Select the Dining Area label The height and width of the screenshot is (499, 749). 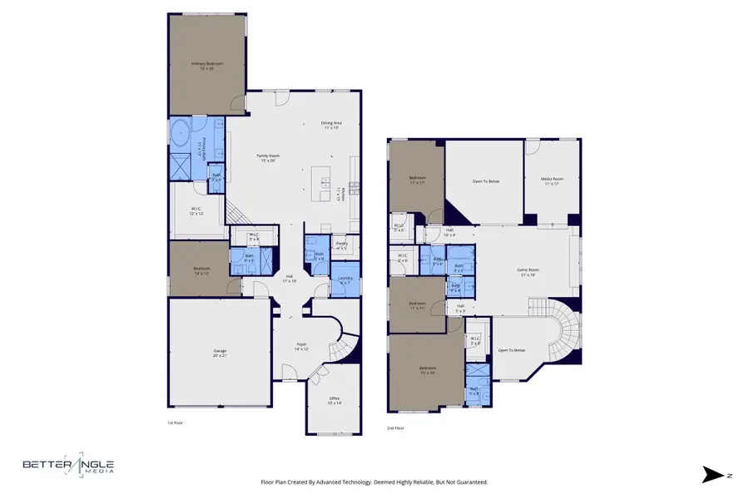[330, 126]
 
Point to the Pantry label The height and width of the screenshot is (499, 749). [341, 246]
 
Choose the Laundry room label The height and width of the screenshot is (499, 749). [345, 281]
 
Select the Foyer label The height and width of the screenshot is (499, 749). [301, 347]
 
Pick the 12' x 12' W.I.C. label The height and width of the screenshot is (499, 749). [196, 210]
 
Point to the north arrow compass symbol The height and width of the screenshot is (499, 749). [714, 475]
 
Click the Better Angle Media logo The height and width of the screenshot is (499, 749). [68, 468]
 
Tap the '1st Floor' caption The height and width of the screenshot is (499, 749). [176, 423]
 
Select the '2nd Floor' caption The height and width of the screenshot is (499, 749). [397, 427]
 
